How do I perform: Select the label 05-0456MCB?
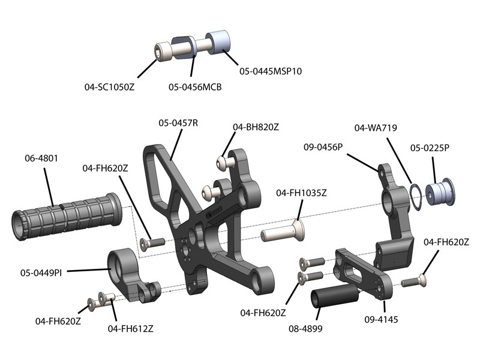tap(195, 87)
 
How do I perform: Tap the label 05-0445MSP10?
tap(271, 71)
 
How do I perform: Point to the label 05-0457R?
tap(178, 123)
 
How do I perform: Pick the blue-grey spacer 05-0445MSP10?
tap(219, 42)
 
